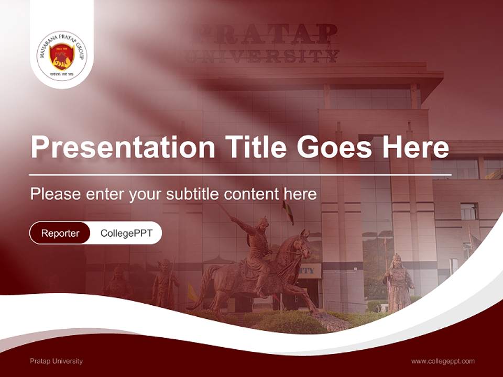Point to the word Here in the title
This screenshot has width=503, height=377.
coord(415,148)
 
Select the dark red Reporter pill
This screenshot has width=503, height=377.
coord(60,233)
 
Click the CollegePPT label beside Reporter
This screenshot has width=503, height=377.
coord(126,233)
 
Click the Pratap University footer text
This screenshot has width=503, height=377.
coord(56,361)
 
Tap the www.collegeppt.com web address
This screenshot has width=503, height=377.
coord(443,361)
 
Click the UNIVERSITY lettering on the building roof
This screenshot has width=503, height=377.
coord(262,56)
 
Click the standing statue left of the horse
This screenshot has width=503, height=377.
coord(165,283)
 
